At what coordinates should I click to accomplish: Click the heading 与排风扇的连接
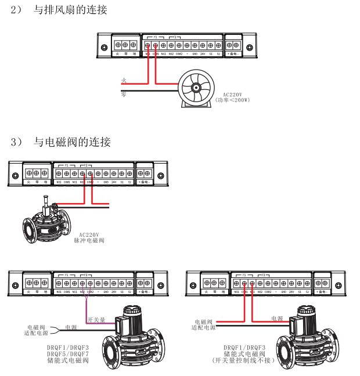click(x=70, y=10)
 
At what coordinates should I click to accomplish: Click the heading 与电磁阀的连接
click(x=72, y=142)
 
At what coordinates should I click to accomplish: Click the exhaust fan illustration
click(x=196, y=88)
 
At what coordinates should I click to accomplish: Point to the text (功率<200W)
click(x=232, y=100)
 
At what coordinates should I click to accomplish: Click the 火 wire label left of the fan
click(x=124, y=80)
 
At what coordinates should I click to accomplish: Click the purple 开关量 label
click(x=96, y=319)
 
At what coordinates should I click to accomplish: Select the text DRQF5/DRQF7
click(x=68, y=353)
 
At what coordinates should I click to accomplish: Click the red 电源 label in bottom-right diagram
click(x=278, y=319)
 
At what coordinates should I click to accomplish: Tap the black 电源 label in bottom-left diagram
click(x=71, y=327)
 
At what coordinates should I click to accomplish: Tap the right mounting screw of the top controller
click(x=249, y=48)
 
